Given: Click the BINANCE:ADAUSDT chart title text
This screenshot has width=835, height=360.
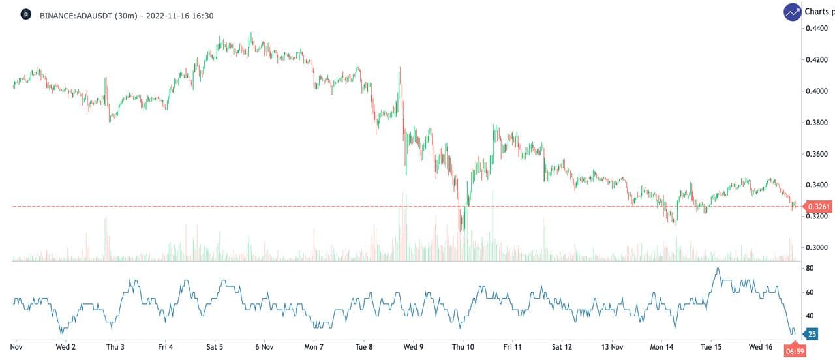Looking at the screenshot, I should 127,15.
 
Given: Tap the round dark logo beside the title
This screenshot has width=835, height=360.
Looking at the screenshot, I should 26,14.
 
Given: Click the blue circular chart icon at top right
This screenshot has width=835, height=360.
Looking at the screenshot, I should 793,12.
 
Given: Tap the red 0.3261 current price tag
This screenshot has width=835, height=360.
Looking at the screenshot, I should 819,207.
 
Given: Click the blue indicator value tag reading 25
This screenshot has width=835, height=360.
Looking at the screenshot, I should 812,335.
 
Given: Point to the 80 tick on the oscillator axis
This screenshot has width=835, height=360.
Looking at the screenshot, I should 810,269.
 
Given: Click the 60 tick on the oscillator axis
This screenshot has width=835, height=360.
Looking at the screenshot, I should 810,292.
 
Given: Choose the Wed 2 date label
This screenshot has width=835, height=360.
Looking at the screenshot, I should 66,347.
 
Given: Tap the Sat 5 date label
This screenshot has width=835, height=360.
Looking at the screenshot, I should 215,347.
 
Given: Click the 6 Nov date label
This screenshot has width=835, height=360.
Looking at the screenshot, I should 264,347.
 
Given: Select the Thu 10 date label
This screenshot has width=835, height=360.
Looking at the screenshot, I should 463,347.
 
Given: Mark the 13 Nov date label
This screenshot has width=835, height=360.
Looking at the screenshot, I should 611,347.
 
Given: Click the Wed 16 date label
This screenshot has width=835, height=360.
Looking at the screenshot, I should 761,347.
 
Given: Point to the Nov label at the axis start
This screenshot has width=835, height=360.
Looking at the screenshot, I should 16,347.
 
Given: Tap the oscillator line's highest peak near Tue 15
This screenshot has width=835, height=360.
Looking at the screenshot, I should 718,268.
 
